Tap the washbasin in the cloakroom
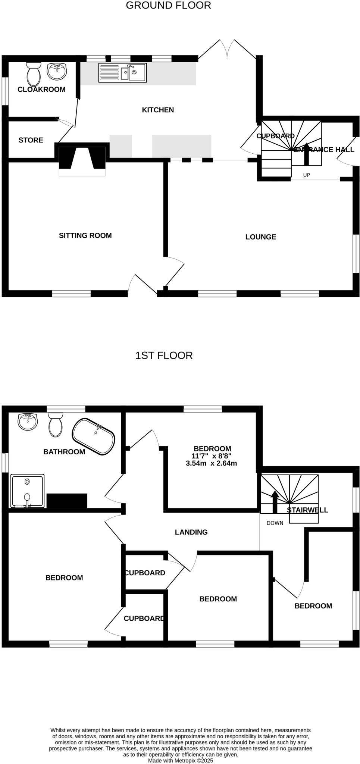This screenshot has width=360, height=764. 57,71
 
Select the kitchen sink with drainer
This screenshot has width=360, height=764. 122,72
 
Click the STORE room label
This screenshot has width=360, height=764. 31,140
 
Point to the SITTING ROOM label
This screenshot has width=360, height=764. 85,235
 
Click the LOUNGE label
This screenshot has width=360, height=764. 260,237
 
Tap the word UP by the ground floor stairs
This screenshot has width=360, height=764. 306,175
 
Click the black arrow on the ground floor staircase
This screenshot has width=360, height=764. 306,154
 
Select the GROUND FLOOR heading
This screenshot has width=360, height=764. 168,6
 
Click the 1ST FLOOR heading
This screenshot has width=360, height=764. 164,356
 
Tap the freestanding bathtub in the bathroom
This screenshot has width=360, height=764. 93,436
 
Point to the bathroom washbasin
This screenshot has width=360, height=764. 28,421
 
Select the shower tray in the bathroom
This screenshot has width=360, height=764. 28,491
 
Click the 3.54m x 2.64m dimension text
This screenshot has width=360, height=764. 211,464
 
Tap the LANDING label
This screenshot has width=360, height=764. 191,532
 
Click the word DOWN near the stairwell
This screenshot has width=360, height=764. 275,523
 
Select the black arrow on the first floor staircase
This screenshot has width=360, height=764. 275,502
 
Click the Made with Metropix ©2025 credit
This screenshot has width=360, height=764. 180,760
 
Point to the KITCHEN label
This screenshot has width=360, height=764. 158,110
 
